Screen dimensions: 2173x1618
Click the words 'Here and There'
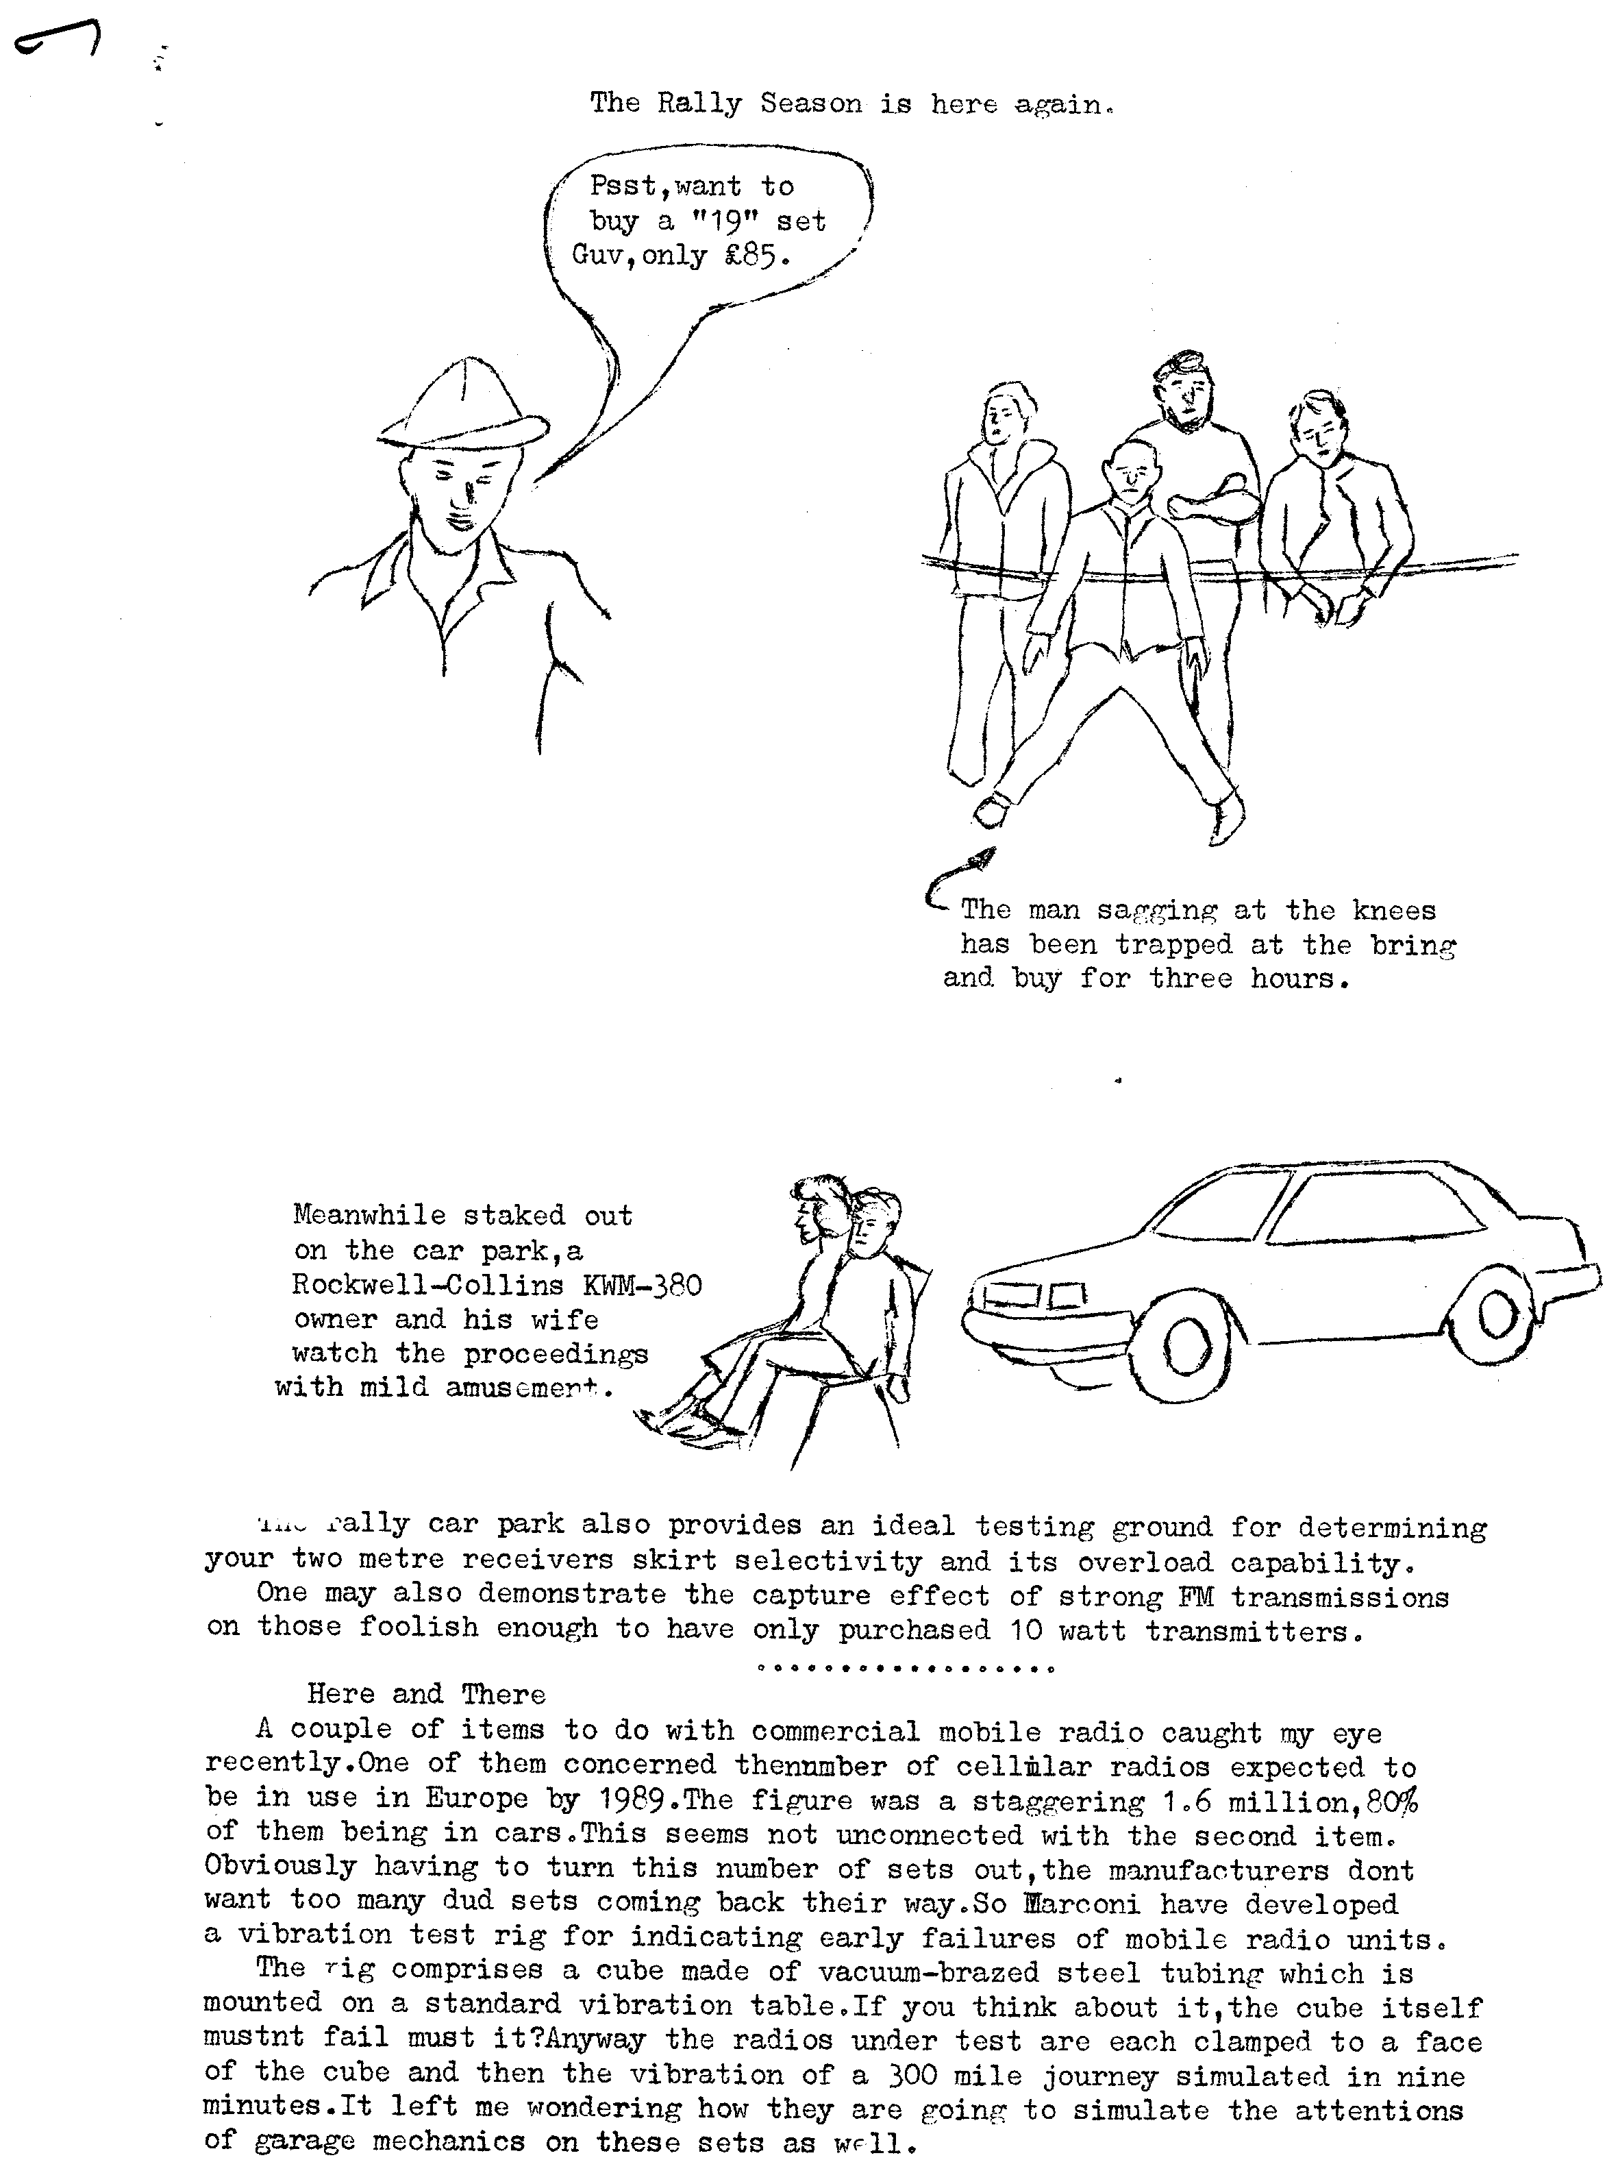tap(426, 1694)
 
